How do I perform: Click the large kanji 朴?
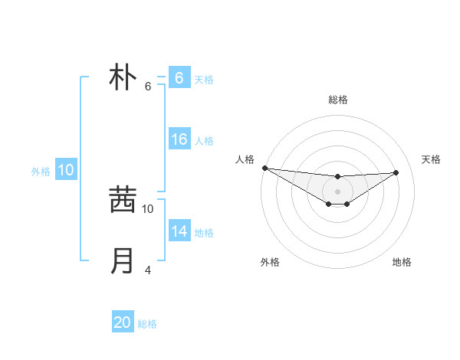click(x=123, y=77)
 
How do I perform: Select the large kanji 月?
click(x=123, y=261)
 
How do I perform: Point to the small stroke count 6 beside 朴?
click(x=148, y=87)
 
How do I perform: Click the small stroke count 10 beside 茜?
click(x=148, y=208)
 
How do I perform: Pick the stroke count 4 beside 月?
click(x=148, y=270)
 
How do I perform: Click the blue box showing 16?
click(x=179, y=139)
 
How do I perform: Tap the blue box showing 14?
click(x=179, y=231)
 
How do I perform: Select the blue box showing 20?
click(x=123, y=322)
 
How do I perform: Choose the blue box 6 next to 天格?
click(x=179, y=77)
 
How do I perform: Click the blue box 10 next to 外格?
click(x=66, y=170)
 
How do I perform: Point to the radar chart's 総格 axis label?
click(x=338, y=100)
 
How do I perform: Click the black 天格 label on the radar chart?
click(x=431, y=159)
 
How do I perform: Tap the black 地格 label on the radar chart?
click(x=402, y=262)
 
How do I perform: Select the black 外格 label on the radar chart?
click(x=270, y=262)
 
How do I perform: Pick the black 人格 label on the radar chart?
click(x=244, y=159)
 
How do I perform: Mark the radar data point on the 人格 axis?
click(x=264, y=168)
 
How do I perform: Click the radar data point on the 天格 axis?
click(x=396, y=172)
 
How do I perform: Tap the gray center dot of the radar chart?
click(x=337, y=191)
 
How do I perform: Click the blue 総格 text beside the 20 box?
click(x=147, y=324)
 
